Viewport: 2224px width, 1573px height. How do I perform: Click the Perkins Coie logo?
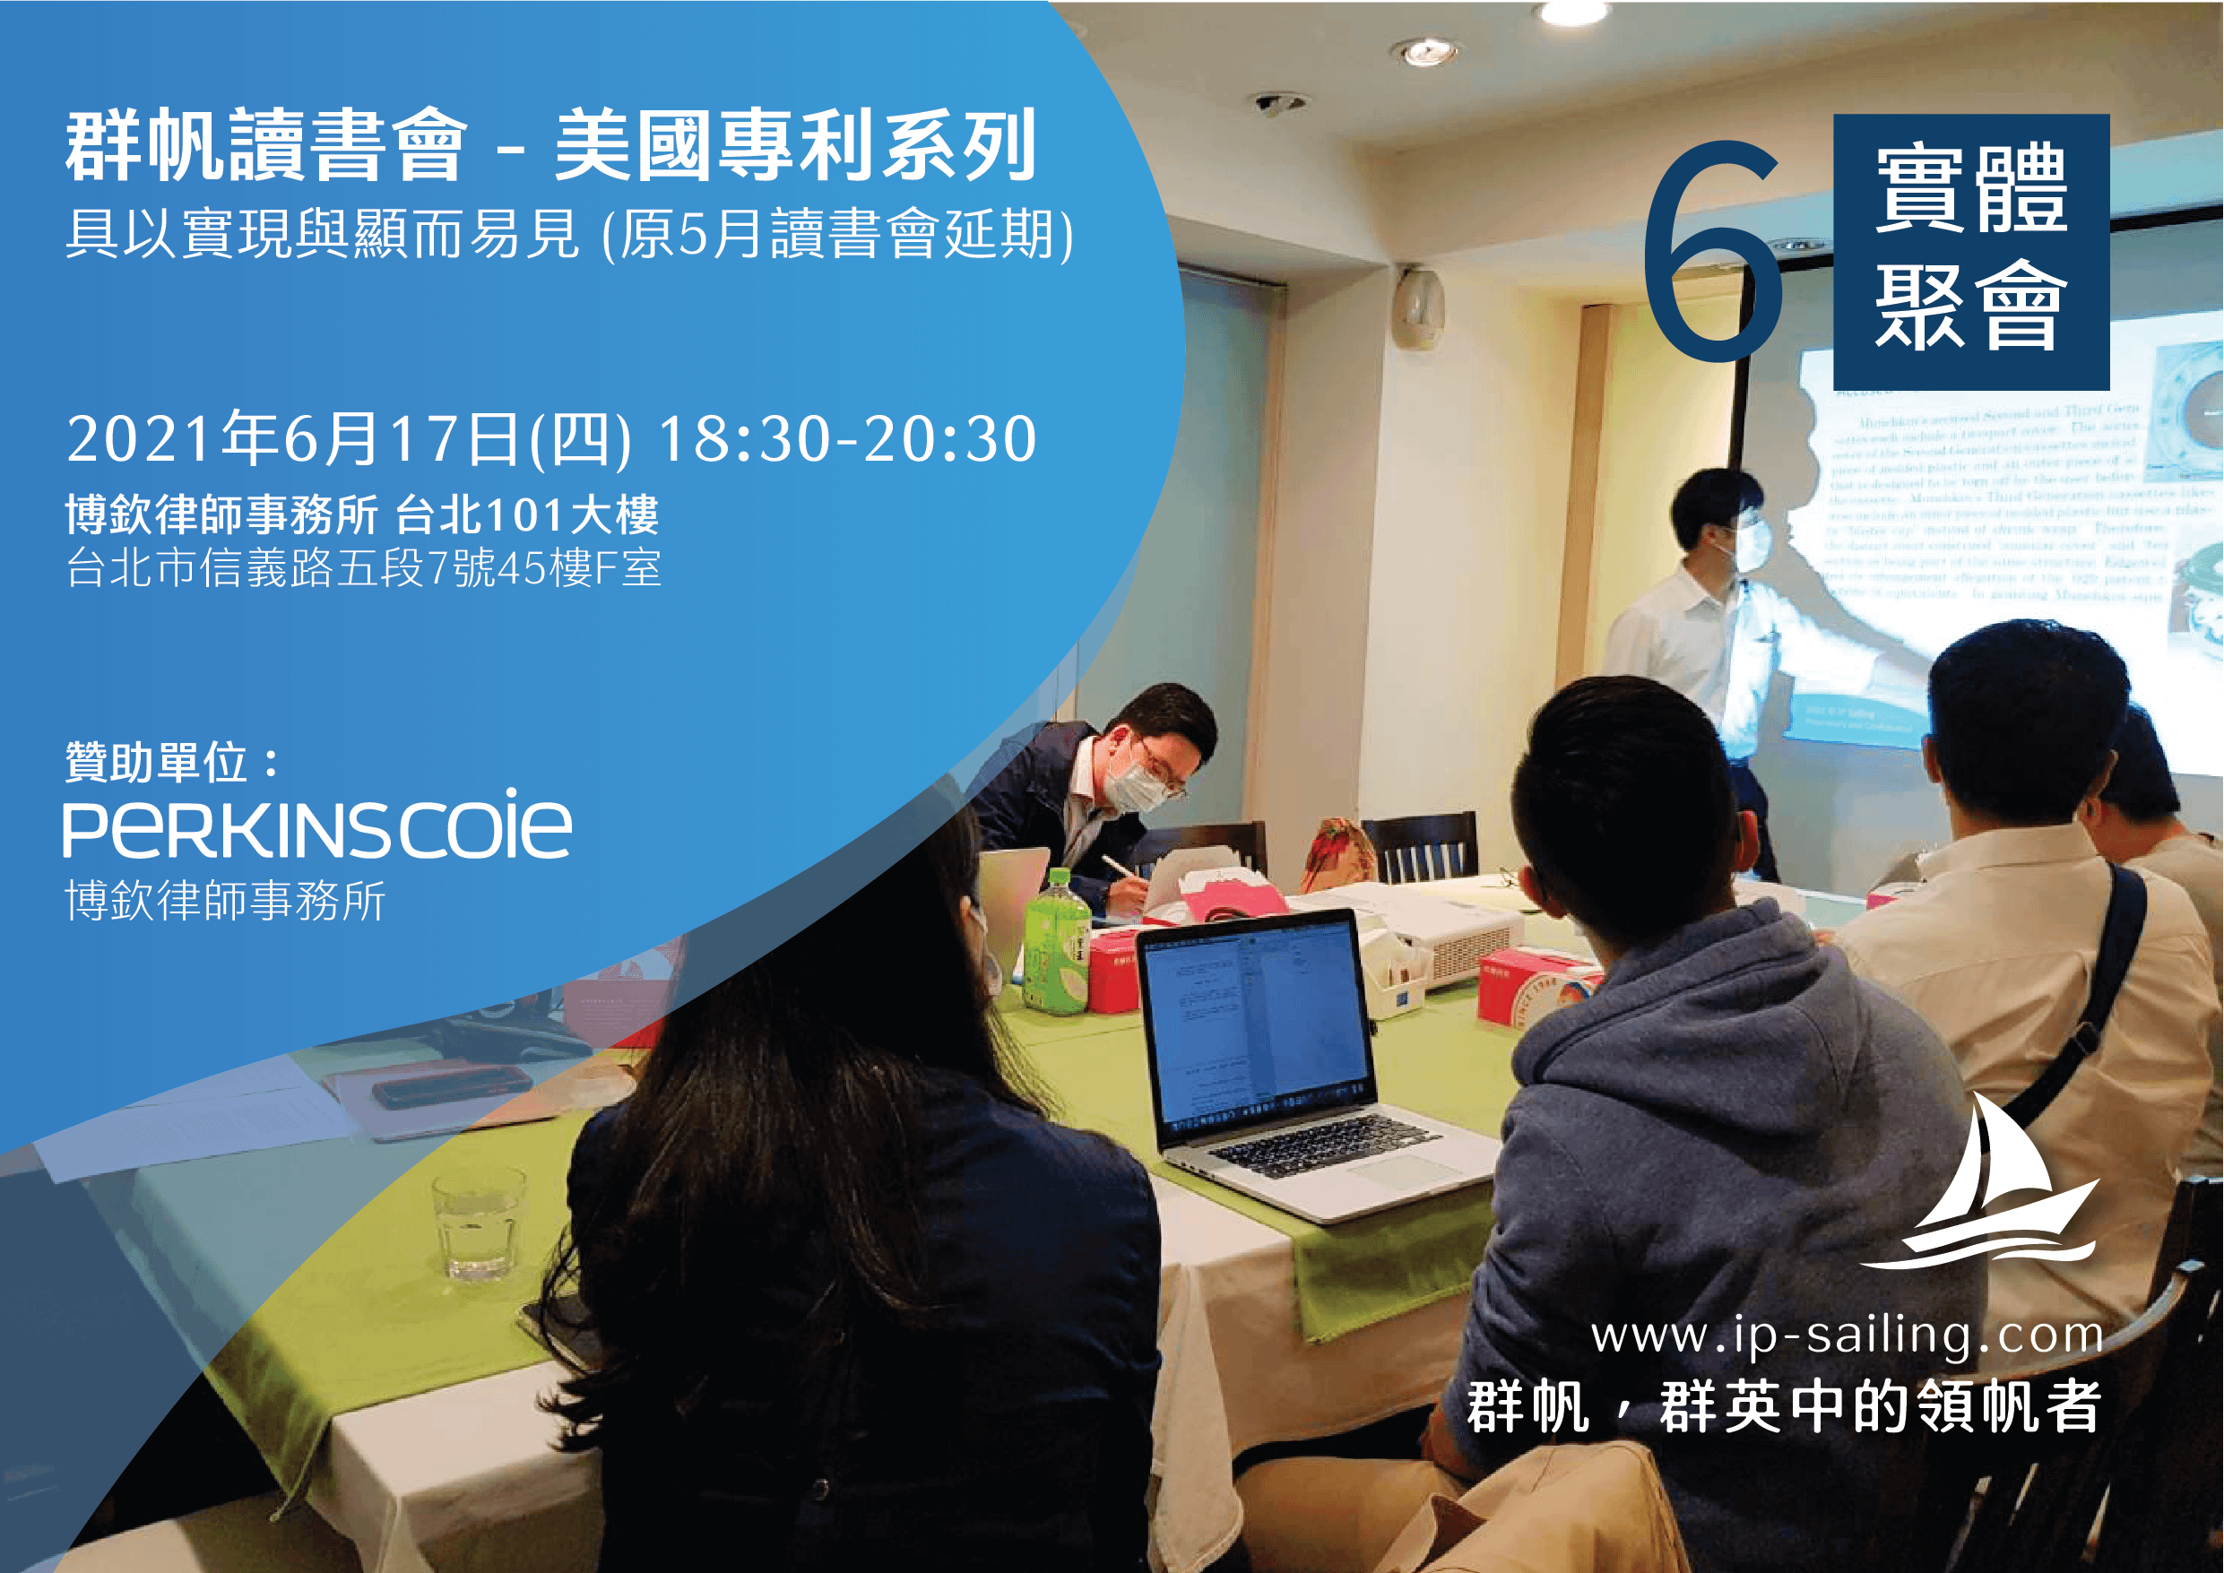(316, 825)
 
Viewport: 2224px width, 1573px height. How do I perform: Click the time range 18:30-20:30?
(846, 440)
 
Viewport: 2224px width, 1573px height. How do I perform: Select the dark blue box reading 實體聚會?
(1970, 252)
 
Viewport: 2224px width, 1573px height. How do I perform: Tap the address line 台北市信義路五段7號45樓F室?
(363, 567)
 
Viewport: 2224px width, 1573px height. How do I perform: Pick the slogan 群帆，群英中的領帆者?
(1782, 1406)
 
